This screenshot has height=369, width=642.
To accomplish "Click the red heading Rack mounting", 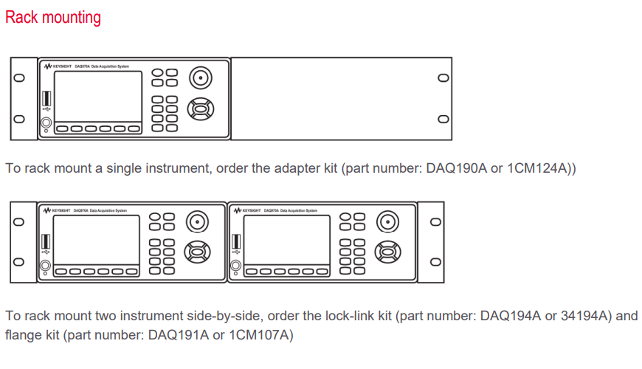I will point(53,18).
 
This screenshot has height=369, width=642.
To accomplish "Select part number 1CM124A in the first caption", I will point(538,169).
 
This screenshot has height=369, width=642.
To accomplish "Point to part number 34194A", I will point(585,316).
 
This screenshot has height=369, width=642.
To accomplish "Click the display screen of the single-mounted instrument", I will point(97,95).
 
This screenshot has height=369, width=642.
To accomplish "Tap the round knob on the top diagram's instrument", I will point(199,77).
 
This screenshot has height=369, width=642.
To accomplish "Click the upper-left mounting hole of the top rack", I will point(20,78).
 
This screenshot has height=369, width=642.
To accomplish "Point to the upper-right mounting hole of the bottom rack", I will point(435,221).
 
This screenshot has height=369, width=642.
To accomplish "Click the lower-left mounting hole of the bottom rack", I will point(20,261).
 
